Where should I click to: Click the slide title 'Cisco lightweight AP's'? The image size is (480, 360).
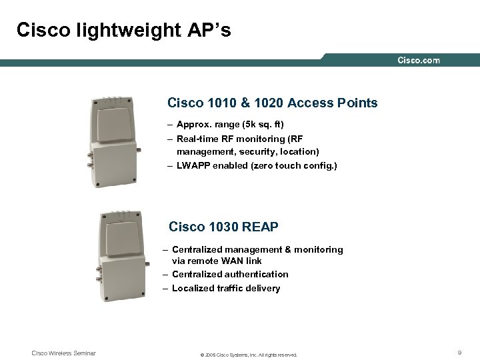click(123, 30)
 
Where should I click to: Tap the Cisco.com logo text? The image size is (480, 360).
click(419, 61)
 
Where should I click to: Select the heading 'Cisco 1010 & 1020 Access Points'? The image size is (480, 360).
click(273, 103)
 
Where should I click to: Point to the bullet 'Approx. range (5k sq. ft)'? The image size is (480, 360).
click(230, 125)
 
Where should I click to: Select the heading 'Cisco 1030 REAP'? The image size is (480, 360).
click(223, 227)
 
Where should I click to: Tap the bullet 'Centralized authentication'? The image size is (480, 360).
click(230, 274)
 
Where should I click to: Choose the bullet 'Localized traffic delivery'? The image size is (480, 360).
click(226, 288)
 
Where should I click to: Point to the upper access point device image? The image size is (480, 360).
click(118, 143)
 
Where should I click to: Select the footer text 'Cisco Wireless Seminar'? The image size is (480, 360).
click(64, 353)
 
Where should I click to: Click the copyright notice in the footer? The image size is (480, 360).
click(248, 354)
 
